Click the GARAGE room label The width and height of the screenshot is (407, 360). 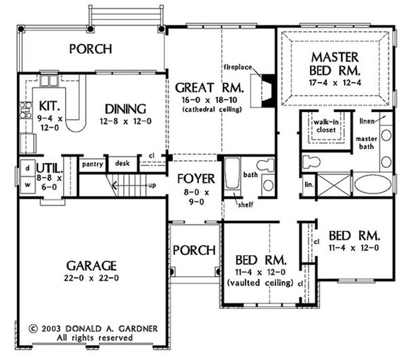click(92, 265)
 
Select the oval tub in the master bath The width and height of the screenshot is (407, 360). click(371, 186)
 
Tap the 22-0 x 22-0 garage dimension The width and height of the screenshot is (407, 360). click(92, 279)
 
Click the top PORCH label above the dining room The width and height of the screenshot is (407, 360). click(90, 49)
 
